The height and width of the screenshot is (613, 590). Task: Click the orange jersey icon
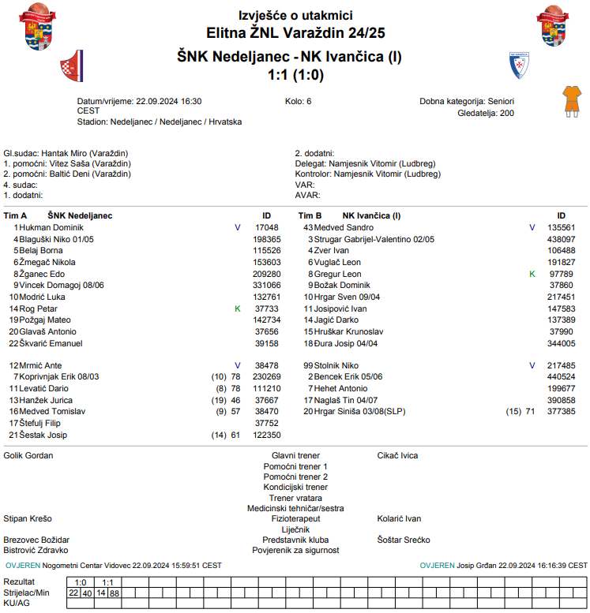click(569, 99)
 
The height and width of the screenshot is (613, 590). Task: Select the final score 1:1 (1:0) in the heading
click(295, 76)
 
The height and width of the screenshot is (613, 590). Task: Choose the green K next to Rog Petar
click(238, 308)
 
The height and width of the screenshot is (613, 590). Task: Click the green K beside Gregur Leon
click(532, 274)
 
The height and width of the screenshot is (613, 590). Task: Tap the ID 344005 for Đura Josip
click(562, 343)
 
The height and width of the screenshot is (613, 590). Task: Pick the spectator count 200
click(506, 113)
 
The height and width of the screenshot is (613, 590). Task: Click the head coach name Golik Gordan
click(29, 455)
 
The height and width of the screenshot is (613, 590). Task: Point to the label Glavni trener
click(295, 455)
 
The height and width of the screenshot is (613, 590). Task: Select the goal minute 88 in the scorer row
click(115, 592)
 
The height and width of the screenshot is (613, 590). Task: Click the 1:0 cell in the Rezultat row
click(81, 582)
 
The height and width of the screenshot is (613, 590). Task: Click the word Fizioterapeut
click(295, 518)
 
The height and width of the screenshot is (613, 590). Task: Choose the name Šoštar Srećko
click(404, 540)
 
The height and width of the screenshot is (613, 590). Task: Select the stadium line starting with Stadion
click(160, 122)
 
